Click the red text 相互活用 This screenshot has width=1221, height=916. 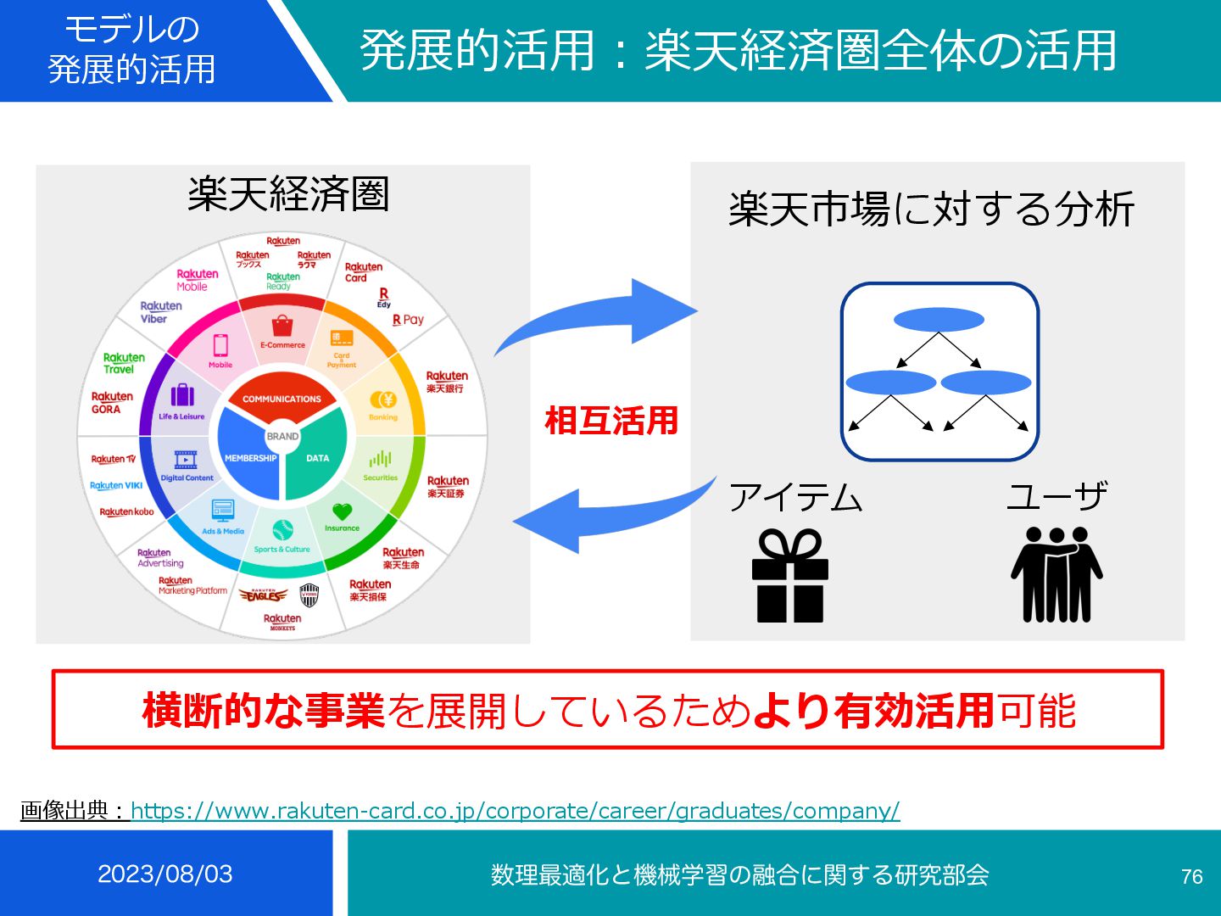pos(611,421)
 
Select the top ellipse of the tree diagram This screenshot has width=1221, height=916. pos(939,320)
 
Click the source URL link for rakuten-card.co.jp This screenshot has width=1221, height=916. pos(515,811)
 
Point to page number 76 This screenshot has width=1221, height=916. pos(1191,876)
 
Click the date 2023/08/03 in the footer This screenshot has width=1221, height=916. pos(165,874)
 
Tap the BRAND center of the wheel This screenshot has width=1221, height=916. pos(282,436)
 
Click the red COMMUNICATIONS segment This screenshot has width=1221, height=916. pos(282,398)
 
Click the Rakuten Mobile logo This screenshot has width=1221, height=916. pos(197,280)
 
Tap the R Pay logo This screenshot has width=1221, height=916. pos(408,320)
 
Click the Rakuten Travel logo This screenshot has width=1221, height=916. pos(124,363)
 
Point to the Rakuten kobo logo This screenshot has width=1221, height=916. pos(126,511)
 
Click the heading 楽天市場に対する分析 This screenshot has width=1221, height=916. pos(931,209)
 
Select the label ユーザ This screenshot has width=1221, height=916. pos(1057,497)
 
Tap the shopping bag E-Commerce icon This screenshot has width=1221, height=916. pos(282,326)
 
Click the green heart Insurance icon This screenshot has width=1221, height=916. pos(342,511)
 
